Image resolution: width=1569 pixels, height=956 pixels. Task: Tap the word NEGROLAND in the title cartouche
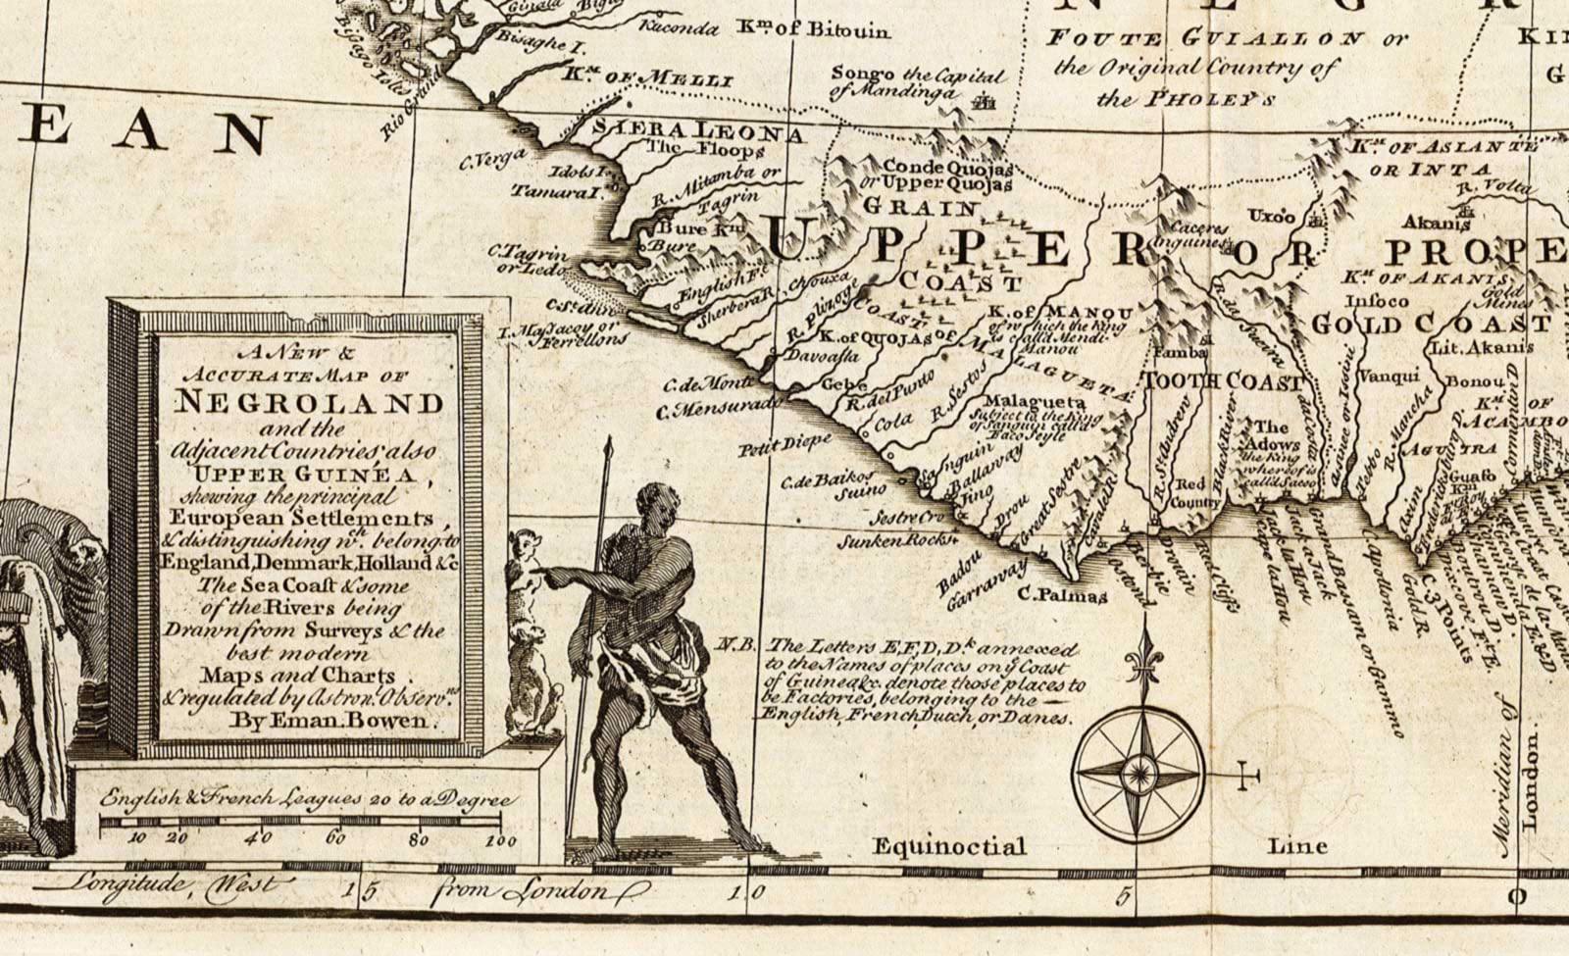[x=309, y=403]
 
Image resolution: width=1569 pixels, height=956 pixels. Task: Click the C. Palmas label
[x=1062, y=594]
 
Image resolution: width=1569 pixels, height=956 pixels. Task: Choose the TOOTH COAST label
[x=1225, y=382]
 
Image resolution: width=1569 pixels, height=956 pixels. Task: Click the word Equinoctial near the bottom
[x=948, y=846]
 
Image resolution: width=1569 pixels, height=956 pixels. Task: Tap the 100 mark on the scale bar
[x=500, y=840]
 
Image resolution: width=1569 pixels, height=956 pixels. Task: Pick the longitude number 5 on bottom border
[x=1125, y=894]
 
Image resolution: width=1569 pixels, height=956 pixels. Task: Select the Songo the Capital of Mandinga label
[x=916, y=83]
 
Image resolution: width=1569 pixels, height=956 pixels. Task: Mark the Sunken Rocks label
[x=896, y=539]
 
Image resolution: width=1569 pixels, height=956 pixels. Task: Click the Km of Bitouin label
[x=814, y=30]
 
